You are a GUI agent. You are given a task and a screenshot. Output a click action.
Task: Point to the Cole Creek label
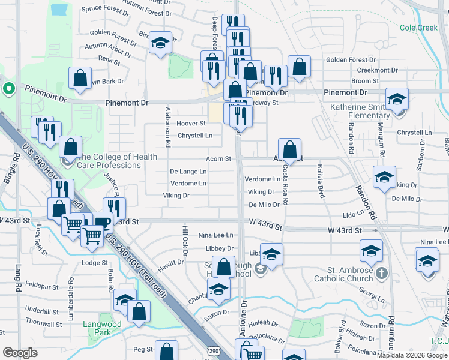coord(418,28)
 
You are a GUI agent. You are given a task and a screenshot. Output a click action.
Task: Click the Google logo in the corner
coord(20,353)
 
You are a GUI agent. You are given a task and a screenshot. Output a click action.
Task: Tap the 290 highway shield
coord(214,350)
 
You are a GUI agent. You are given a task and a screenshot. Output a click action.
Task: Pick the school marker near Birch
coord(160,43)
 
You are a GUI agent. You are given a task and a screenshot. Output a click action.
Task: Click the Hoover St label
coord(191,124)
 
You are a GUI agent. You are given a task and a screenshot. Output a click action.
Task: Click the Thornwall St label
coord(44,324)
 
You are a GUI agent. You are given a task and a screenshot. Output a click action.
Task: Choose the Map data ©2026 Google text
coord(412,355)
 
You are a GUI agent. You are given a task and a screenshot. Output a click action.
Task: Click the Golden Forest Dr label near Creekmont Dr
coord(351,60)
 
